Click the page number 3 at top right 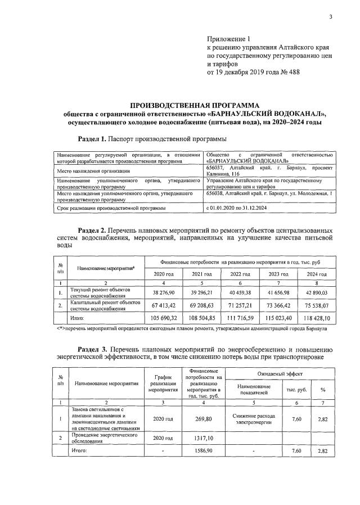(x=331, y=17)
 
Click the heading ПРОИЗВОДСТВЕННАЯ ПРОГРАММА (x=195, y=105)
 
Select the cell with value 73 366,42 (x=280, y=307)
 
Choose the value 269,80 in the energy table (x=204, y=418)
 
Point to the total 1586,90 (x=204, y=451)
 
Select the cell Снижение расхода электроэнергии (x=254, y=418)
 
